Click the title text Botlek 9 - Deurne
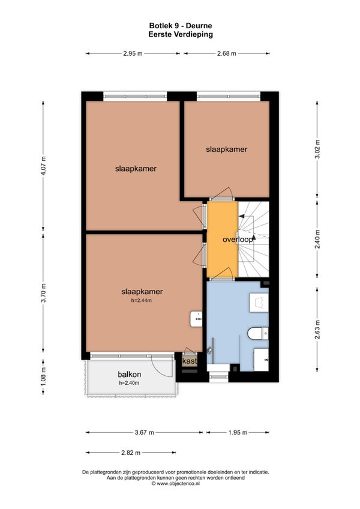click(181, 26)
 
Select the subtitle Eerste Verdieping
click(181, 34)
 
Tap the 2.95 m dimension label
click(133, 53)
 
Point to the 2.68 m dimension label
click(227, 53)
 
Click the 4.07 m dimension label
click(43, 166)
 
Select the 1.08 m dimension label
click(43, 376)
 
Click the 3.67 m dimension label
click(145, 432)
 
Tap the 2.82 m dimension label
click(131, 453)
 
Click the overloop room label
click(238, 239)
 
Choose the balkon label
click(129, 375)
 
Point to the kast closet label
click(190, 361)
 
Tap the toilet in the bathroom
click(258, 333)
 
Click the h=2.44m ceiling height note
click(141, 301)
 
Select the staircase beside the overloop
click(254, 239)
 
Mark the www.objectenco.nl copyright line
click(176, 483)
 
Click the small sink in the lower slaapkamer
click(196, 319)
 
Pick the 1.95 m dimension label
click(238, 432)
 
